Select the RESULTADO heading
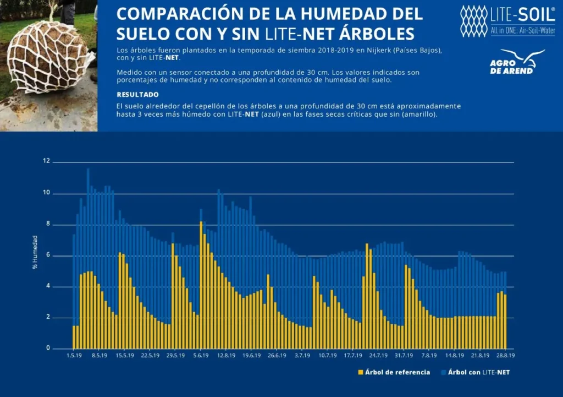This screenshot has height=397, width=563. coord(137,95)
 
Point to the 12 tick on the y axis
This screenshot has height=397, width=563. coord(46,161)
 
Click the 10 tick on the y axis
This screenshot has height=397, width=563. coord(46,193)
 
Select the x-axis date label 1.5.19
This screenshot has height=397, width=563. coord(74,356)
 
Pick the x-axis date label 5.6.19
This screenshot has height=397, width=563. coord(201,356)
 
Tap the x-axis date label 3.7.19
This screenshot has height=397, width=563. coord(302,356)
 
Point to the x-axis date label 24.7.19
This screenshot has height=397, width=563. coord(378,356)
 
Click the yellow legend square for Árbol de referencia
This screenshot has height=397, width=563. coord(361,373)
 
